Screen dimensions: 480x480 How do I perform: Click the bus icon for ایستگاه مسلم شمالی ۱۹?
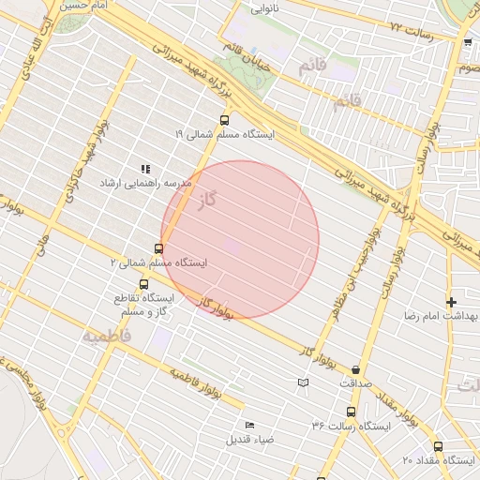(223, 120)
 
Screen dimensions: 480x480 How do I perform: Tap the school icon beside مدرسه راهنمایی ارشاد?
(145, 168)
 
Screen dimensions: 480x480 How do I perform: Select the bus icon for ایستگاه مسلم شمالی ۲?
(158, 249)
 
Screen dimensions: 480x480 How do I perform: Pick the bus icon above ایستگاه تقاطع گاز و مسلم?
(143, 284)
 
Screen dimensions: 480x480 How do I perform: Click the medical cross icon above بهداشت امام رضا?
(452, 302)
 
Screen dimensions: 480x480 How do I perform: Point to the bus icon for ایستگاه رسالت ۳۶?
(351, 412)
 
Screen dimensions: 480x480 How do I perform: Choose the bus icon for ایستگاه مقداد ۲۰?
(438, 446)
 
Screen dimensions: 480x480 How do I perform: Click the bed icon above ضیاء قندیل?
(248, 425)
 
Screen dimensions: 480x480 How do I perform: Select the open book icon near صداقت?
(302, 382)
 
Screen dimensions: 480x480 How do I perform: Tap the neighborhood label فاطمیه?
(105, 335)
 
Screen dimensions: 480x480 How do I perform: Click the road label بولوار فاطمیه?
(195, 384)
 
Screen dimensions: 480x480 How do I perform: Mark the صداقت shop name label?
(355, 383)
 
